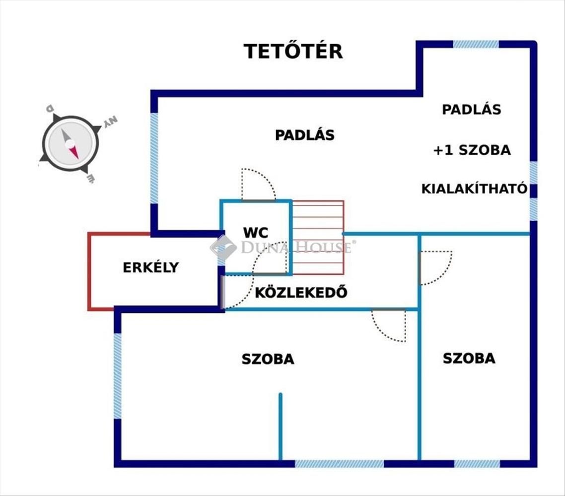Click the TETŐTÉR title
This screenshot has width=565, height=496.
293,52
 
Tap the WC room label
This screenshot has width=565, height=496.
256,232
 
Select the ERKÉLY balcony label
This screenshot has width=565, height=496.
150,267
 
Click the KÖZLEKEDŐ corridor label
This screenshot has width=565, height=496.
301,292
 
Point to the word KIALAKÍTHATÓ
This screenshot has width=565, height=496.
474,189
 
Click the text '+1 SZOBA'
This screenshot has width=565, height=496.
472,150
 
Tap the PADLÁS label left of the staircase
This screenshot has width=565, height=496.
304,135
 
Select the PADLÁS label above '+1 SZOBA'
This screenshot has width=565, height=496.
471,110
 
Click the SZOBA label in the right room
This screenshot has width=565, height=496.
469,358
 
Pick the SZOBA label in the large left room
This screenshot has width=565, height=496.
268,359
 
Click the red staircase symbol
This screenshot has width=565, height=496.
318,237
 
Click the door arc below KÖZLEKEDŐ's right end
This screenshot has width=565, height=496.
389,325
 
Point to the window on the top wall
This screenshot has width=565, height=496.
476,44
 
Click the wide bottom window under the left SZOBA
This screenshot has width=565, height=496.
339,464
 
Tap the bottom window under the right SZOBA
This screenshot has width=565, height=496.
477,464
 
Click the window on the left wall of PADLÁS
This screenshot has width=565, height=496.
154,158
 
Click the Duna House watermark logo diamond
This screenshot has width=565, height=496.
223,247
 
